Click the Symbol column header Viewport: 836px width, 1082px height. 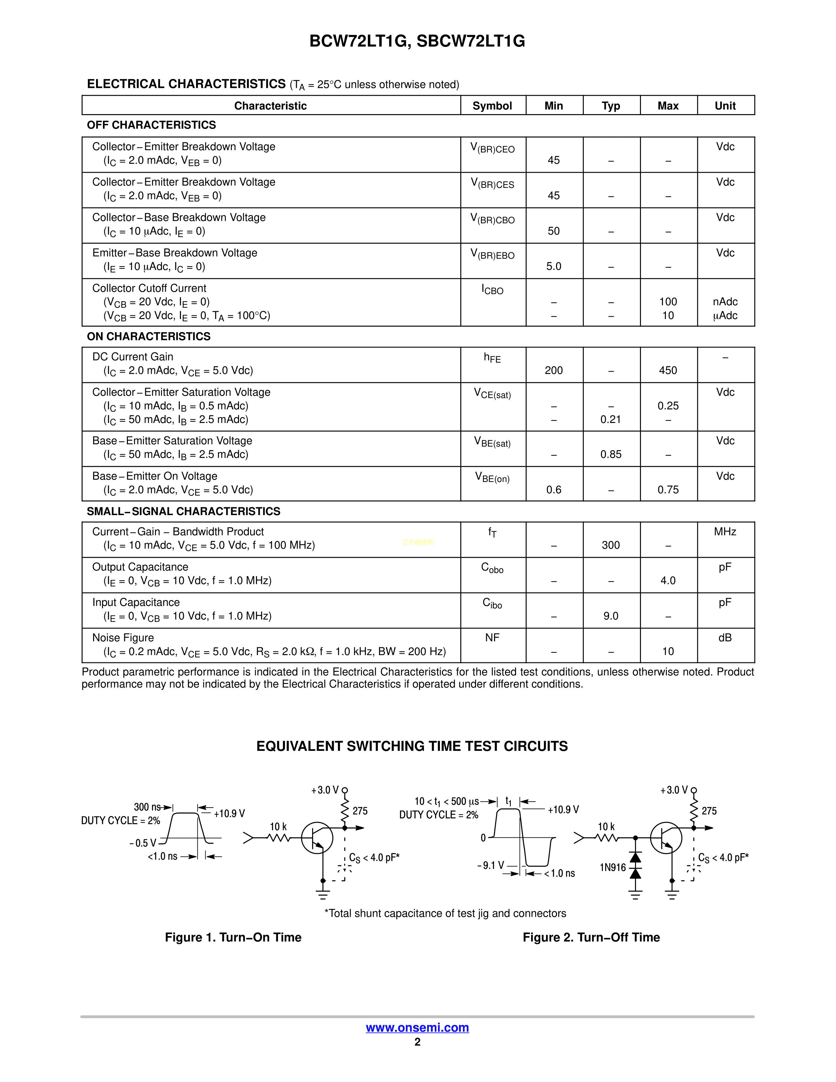click(492, 106)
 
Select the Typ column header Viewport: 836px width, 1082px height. click(611, 106)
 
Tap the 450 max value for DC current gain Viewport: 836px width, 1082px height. click(667, 371)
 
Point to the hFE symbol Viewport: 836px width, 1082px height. click(492, 358)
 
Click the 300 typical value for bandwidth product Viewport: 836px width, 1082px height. click(611, 545)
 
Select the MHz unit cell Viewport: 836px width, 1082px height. click(725, 531)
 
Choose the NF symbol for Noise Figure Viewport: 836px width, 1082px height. click(492, 638)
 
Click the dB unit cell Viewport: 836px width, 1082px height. click(725, 638)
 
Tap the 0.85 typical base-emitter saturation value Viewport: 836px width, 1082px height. click(611, 454)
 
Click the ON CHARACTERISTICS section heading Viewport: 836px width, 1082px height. click(149, 336)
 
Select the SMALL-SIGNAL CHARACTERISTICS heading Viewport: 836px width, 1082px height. click(183, 511)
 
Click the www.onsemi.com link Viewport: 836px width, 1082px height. click(417, 1028)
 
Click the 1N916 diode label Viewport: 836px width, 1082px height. click(613, 868)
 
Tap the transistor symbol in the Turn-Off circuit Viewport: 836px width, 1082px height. click(666, 838)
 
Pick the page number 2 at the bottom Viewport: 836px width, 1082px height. click(417, 1042)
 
